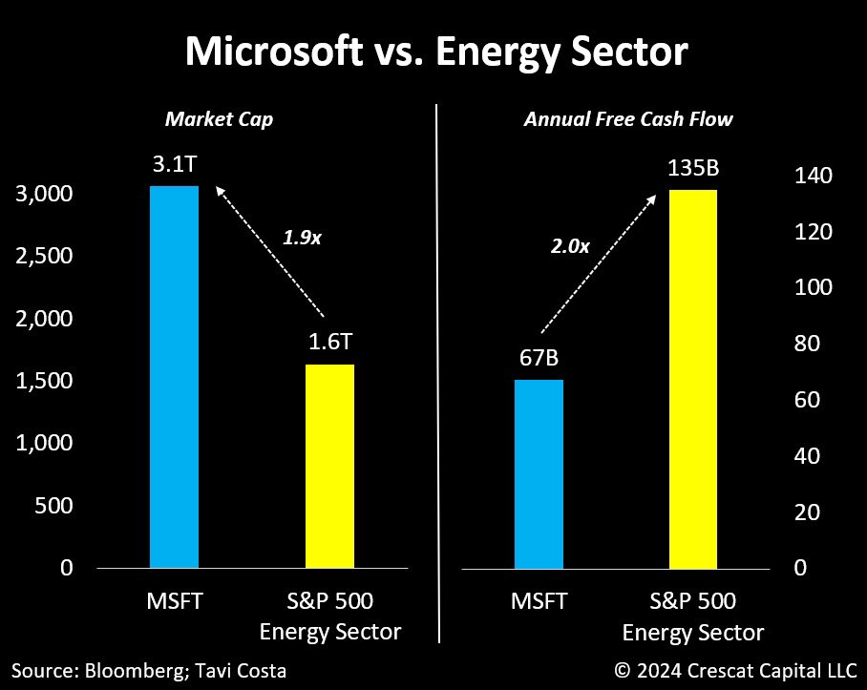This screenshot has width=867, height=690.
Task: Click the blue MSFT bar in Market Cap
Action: click(174, 377)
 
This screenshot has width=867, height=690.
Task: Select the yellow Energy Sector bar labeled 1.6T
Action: click(329, 466)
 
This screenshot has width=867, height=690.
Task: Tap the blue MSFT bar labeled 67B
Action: click(539, 473)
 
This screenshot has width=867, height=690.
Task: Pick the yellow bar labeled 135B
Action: click(693, 379)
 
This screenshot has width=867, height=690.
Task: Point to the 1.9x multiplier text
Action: click(302, 238)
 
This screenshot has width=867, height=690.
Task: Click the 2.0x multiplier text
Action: click(570, 245)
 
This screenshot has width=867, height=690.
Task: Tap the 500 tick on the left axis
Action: click(53, 506)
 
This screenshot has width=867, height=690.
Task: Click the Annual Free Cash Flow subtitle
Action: click(627, 119)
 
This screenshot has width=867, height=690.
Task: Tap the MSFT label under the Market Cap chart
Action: click(175, 602)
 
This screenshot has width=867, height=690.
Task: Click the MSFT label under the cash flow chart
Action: click(539, 602)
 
